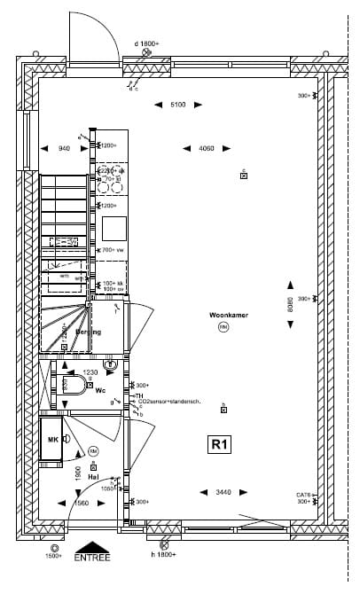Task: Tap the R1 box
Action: point(218,444)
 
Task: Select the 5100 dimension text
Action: point(177,106)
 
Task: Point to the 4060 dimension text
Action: point(206,148)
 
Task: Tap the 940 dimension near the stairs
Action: point(64,148)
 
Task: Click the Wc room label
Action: point(100,390)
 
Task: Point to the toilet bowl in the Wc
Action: point(71,385)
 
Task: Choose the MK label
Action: point(51,440)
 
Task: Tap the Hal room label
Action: point(93,477)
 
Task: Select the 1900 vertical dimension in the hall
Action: point(78,473)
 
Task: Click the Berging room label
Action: point(88,332)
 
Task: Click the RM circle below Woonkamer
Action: point(223,327)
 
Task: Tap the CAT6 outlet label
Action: point(303,495)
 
